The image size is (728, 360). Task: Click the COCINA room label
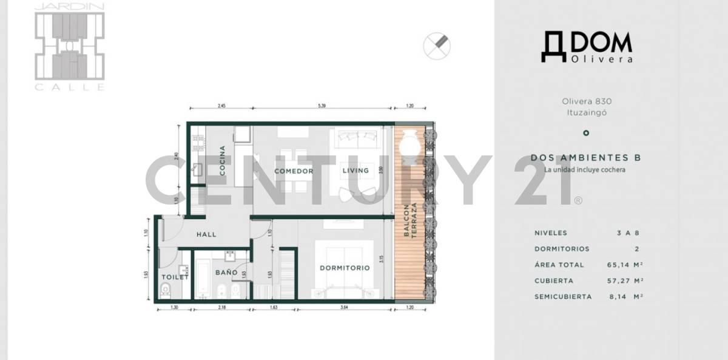(x=223, y=161)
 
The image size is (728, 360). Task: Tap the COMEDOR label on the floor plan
(x=294, y=171)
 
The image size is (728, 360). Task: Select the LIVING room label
(x=356, y=171)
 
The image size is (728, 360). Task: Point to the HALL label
(x=206, y=234)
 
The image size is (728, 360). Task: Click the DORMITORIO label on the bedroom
(x=345, y=268)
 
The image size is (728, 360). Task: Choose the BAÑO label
(x=226, y=273)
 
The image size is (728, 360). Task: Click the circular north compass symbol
(x=437, y=46)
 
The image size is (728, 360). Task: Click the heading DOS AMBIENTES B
(x=585, y=157)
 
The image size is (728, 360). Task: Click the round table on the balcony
(x=411, y=146)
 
